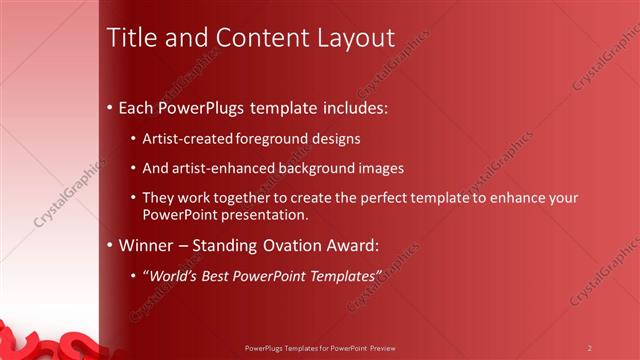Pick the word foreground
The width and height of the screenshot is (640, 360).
coord(275,138)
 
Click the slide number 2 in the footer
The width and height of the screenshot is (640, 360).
coord(589,348)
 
